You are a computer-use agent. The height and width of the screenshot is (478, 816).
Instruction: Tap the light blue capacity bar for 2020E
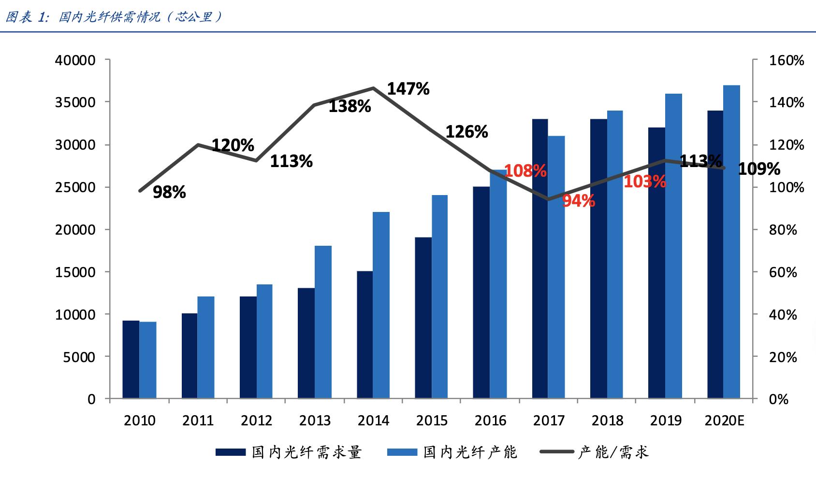click(x=731, y=241)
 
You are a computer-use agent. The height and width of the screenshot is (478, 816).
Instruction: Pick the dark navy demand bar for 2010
click(x=131, y=359)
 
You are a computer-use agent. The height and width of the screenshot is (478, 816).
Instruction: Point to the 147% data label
click(x=408, y=89)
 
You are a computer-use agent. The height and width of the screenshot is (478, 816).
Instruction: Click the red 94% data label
click(x=578, y=201)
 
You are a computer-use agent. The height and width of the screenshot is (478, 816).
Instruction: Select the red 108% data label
click(x=525, y=170)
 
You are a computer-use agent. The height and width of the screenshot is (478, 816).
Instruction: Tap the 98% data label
click(x=169, y=192)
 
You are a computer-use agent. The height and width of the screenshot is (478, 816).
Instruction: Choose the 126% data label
click(x=466, y=132)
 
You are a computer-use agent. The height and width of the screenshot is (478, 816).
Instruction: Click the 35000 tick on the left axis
click(x=77, y=102)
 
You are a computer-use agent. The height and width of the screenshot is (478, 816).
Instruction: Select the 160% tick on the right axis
click(x=786, y=60)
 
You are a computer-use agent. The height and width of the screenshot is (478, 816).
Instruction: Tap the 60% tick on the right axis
click(x=783, y=272)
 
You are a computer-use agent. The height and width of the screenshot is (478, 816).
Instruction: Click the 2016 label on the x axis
click(x=490, y=421)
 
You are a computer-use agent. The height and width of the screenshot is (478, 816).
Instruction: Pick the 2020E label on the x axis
click(x=724, y=421)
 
